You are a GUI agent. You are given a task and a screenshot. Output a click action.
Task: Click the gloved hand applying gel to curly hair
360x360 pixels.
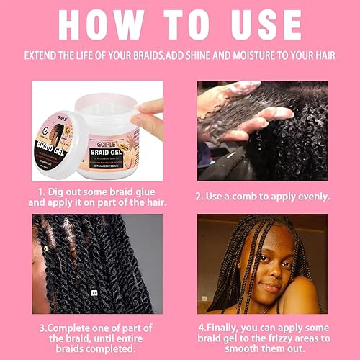pos(245,108)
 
